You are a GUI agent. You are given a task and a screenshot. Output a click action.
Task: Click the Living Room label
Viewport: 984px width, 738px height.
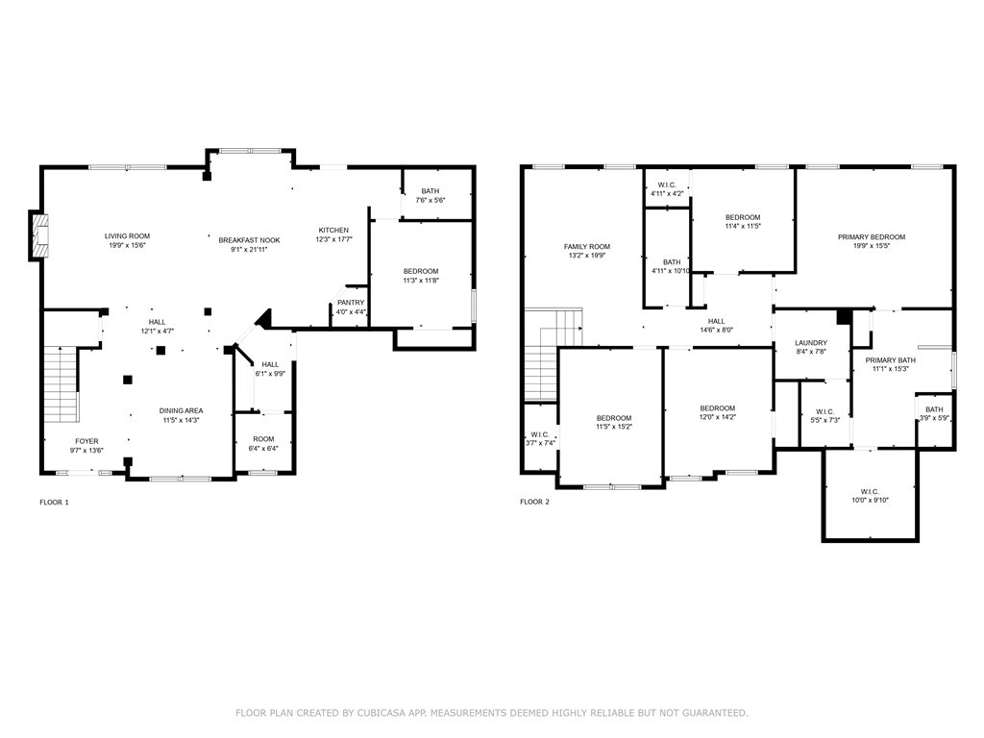(x=128, y=236)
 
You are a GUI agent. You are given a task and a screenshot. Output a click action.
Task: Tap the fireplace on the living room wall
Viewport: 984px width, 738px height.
(x=38, y=235)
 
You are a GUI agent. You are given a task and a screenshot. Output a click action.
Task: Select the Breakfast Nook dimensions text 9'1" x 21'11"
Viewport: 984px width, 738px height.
(x=249, y=249)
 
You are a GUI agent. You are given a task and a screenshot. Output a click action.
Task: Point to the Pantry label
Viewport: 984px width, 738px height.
(x=351, y=303)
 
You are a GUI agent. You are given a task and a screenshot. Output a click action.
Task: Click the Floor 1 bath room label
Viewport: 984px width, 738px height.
(x=430, y=191)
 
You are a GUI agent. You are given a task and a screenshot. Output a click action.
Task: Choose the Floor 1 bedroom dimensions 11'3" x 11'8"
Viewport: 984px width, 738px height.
(x=421, y=281)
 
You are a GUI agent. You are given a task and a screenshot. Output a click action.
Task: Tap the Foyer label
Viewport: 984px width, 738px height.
(x=86, y=441)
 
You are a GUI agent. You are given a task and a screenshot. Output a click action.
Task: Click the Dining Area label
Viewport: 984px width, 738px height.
(x=181, y=411)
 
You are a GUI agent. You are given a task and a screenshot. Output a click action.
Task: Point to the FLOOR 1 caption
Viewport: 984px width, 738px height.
(x=54, y=502)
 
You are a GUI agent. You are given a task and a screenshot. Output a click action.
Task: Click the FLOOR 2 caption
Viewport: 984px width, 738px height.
(x=534, y=502)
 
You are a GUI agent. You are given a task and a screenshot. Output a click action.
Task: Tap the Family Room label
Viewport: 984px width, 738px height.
(x=587, y=247)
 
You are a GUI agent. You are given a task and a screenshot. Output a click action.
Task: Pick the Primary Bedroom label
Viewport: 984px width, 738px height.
(x=872, y=237)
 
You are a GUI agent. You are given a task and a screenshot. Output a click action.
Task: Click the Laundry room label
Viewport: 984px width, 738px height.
(x=811, y=343)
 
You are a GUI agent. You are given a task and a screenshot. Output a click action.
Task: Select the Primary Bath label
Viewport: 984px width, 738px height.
(x=890, y=360)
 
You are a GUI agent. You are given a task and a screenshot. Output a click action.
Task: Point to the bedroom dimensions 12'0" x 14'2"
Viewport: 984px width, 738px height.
(x=717, y=417)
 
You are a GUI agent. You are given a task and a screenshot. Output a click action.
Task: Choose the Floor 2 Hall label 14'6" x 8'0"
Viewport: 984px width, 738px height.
(x=716, y=321)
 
